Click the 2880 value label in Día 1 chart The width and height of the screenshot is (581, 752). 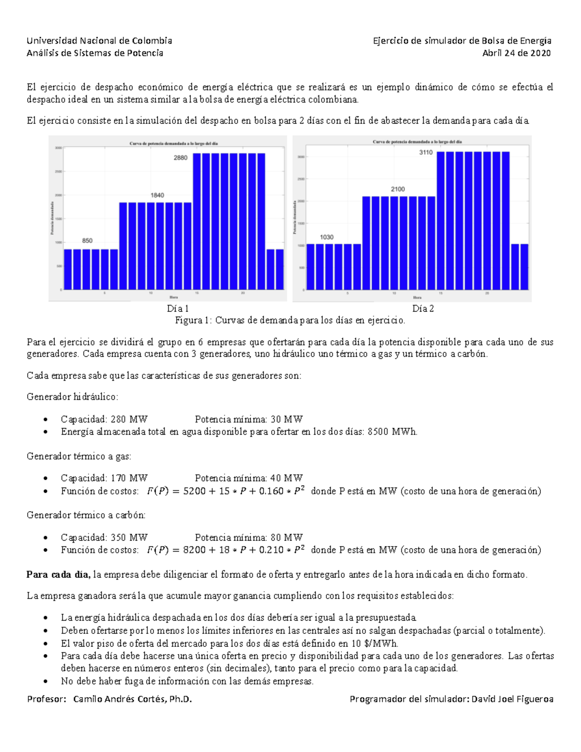point(181,158)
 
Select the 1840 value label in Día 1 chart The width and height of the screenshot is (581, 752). point(157,195)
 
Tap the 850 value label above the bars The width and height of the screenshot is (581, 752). point(87,241)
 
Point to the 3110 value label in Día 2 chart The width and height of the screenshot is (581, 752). point(426,153)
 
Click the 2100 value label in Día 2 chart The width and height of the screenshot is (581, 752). point(398,189)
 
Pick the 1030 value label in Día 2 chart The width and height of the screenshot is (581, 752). point(327,237)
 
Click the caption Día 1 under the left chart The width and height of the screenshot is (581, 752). point(178,308)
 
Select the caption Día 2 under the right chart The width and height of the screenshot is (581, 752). point(423,308)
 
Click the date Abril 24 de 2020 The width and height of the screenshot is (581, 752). point(516,53)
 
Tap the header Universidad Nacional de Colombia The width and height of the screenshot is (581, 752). point(99,41)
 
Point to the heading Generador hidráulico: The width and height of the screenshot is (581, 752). point(72,397)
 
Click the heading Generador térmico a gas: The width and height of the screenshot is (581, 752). point(79,456)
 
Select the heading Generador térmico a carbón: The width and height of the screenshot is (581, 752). point(86,515)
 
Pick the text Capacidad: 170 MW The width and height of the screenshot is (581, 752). point(104,478)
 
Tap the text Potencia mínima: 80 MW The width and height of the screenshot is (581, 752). point(249,537)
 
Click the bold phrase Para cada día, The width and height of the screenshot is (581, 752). point(58,575)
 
